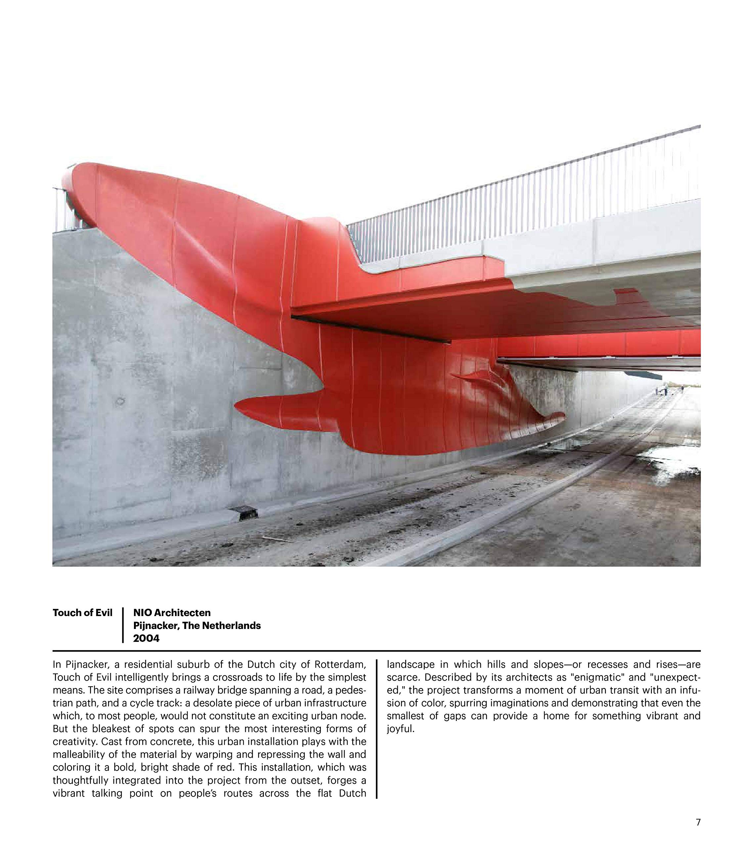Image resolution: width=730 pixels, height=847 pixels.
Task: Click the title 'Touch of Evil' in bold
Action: [x=82, y=612]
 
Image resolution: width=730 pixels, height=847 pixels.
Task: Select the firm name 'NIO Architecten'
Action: [x=172, y=612]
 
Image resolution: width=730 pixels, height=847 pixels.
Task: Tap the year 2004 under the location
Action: [x=146, y=638]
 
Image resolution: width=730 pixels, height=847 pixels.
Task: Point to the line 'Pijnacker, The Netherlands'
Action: [x=196, y=625]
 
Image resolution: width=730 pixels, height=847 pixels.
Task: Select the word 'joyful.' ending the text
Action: [x=401, y=729]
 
